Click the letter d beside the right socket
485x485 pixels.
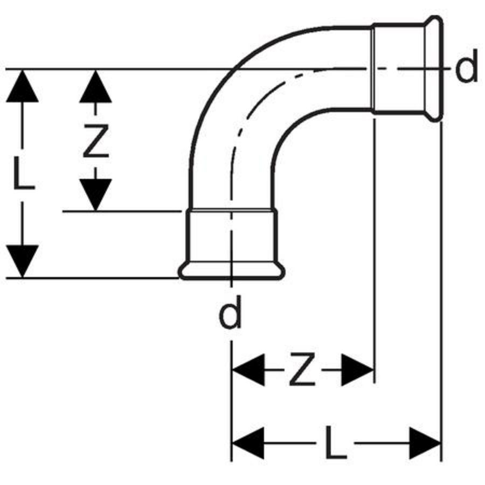(467, 70)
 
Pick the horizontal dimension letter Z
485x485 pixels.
(302, 371)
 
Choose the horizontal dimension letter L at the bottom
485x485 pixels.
(336, 443)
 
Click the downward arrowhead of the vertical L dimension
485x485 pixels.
(22, 261)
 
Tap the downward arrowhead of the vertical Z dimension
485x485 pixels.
(95, 194)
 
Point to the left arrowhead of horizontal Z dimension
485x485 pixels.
(248, 371)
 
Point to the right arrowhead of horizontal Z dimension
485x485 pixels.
(357, 371)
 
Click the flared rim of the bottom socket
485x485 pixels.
(232, 272)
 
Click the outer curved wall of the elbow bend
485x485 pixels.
(216, 81)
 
